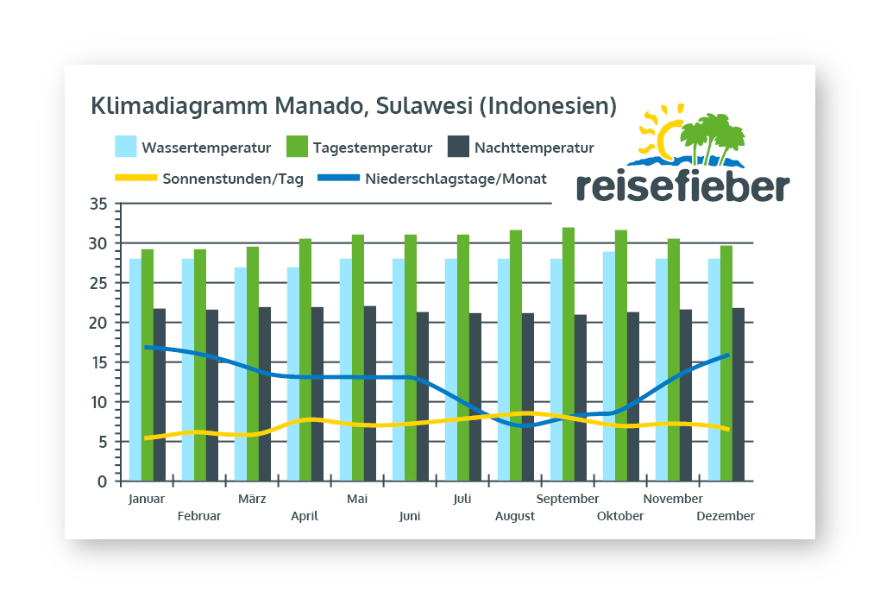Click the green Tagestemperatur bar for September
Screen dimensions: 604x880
pyautogui.click(x=569, y=354)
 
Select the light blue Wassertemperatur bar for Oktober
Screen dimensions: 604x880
pyautogui.click(x=609, y=366)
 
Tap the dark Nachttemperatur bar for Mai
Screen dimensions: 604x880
pyautogui.click(x=370, y=393)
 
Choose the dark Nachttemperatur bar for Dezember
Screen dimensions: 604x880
pyautogui.click(x=739, y=394)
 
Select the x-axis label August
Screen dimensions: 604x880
pyautogui.click(x=515, y=516)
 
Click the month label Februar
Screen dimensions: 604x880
pyautogui.click(x=199, y=516)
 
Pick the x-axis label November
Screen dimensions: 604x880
pyautogui.click(x=674, y=499)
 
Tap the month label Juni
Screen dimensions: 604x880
pyautogui.click(x=410, y=516)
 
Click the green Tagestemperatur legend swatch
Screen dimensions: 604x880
pyautogui.click(x=297, y=147)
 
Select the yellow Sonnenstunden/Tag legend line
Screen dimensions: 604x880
pyautogui.click(x=135, y=179)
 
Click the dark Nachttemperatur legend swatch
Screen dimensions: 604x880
pyautogui.click(x=458, y=147)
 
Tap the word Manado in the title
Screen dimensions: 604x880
pyautogui.click(x=323, y=106)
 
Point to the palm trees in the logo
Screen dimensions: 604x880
pyautogui.click(x=712, y=135)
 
